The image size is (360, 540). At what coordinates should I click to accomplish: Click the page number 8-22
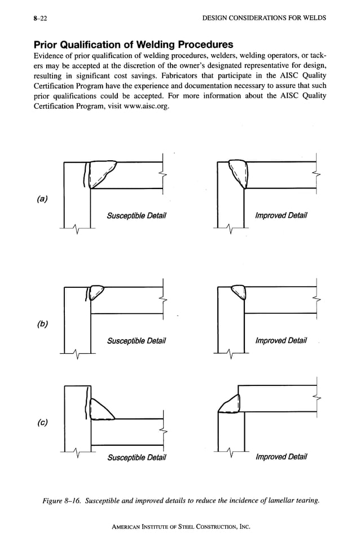pos(40,19)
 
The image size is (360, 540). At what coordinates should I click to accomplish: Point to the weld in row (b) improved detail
pos(238,292)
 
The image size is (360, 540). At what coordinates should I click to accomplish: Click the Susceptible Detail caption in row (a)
pos(136,216)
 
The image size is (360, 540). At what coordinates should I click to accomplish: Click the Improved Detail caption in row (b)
pos(280,340)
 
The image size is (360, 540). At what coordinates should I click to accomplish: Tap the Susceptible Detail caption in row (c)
pos(137,456)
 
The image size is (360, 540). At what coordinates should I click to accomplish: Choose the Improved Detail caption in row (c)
pos(280,456)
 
